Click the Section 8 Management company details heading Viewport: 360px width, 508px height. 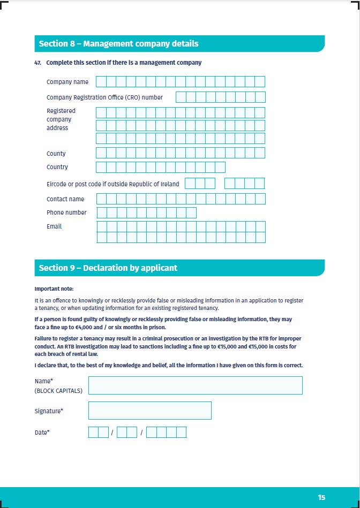[x=118, y=44]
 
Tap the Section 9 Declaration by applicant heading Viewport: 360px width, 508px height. [x=108, y=268]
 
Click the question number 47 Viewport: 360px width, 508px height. [x=37, y=63]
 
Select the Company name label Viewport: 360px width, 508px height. [x=67, y=82]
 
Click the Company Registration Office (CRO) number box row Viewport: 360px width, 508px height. [x=220, y=97]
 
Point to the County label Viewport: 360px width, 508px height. [x=56, y=154]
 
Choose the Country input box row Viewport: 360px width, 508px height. [x=160, y=167]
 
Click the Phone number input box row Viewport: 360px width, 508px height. [x=146, y=213]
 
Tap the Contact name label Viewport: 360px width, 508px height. [x=65, y=199]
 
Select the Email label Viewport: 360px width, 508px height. [x=54, y=226]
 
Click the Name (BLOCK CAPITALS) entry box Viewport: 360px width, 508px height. [x=195, y=385]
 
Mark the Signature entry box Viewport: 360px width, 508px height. [x=149, y=411]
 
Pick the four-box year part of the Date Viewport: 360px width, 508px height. [x=166, y=432]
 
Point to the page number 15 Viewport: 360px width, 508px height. [x=321, y=497]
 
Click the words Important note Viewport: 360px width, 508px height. [x=54, y=289]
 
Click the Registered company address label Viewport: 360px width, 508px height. [x=61, y=119]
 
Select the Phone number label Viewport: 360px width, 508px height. [x=66, y=213]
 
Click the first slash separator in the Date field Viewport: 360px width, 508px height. [x=112, y=433]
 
